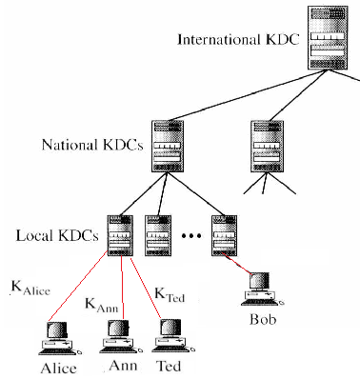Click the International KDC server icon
[x=327, y=38]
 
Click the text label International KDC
[x=238, y=40]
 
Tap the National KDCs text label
[x=92, y=145]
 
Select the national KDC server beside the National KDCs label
[x=168, y=147]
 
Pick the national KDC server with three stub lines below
[x=267, y=147]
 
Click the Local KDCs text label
[x=57, y=235]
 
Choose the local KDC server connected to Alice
[x=120, y=236]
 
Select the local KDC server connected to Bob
[x=224, y=236]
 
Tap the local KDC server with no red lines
[x=158, y=236]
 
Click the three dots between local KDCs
[x=191, y=235]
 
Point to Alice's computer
[x=60, y=338]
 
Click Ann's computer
[x=121, y=336]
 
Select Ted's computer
[x=173, y=336]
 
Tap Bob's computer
[x=262, y=289]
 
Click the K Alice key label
[x=30, y=289]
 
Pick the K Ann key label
[x=102, y=305]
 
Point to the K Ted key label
[x=170, y=295]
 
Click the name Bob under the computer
[x=263, y=319]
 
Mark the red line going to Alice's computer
[x=78, y=286]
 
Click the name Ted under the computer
[x=169, y=366]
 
